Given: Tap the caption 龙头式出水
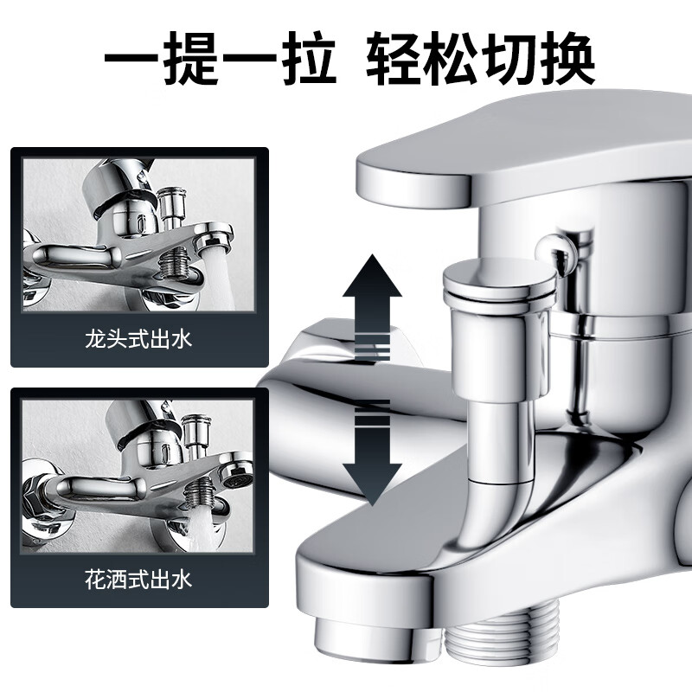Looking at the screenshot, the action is (138, 340).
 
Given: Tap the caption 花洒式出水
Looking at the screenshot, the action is (138, 580).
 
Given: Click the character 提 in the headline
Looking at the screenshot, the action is (190, 57).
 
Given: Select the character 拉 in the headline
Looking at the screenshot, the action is (308, 57).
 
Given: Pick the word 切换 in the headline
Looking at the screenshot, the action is (538, 57).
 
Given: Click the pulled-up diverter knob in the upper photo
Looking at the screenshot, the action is (172, 206).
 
